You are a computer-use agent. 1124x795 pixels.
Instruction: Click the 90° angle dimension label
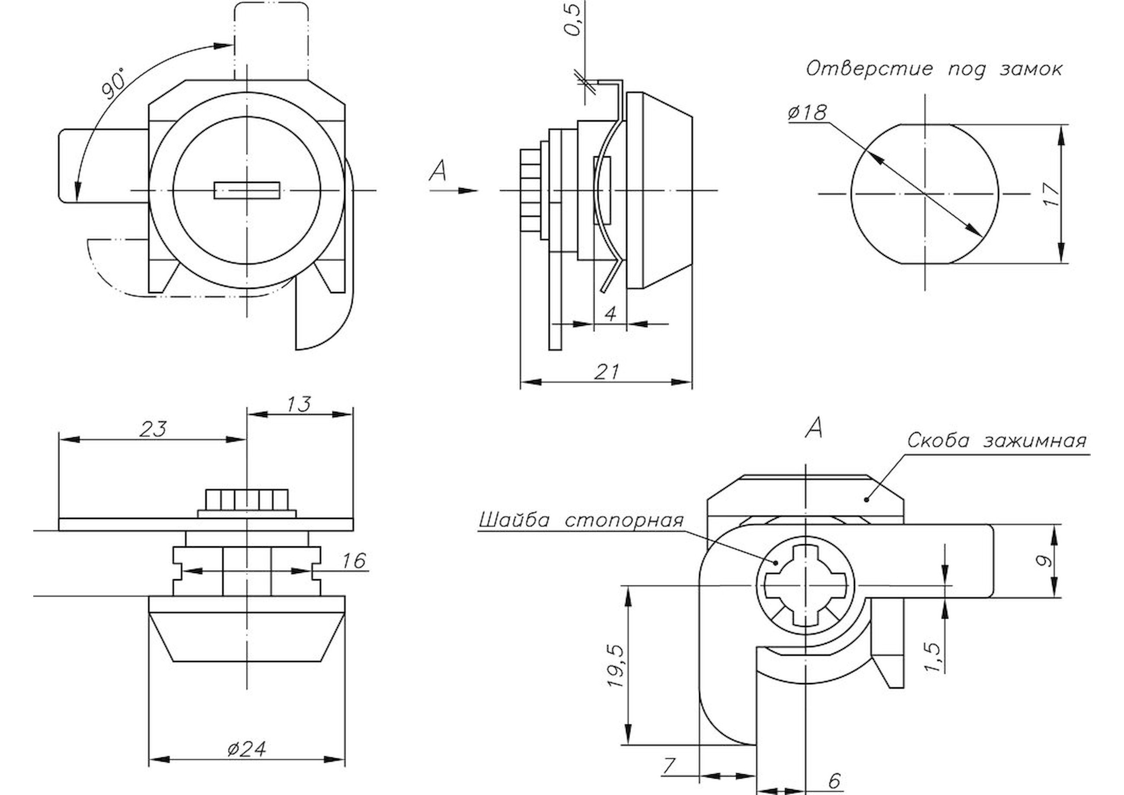point(114,85)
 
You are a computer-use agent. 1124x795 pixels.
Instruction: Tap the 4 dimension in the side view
point(610,314)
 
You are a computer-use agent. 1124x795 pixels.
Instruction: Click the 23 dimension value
point(153,429)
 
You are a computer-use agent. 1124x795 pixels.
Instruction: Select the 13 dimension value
point(299,404)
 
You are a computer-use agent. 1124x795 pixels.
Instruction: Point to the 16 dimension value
point(354,561)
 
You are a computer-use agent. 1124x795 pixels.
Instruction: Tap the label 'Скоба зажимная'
point(997,441)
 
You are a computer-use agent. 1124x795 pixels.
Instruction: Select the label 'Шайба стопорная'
point(581,520)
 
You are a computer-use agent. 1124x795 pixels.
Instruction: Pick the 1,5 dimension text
point(933,657)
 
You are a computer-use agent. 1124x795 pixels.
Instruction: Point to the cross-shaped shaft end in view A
point(805,585)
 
